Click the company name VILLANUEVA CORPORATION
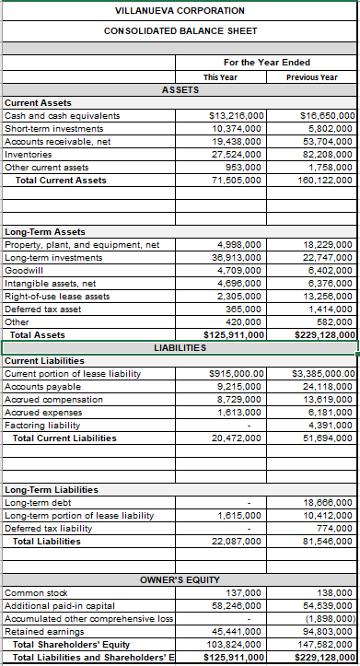click(180, 11)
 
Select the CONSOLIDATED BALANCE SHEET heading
click(180, 31)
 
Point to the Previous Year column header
click(311, 77)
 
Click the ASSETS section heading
click(180, 90)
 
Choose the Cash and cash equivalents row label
click(63, 116)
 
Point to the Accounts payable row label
click(41, 387)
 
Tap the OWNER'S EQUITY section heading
click(180, 579)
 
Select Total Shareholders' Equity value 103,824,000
click(235, 645)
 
